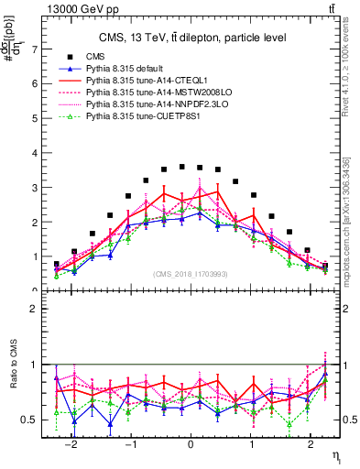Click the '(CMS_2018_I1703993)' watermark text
[x=191, y=274]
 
